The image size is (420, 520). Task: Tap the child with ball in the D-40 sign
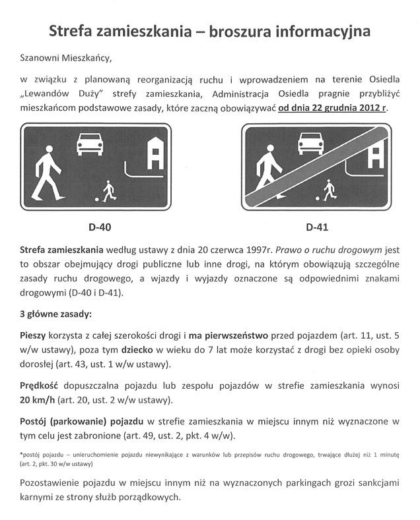click(x=106, y=192)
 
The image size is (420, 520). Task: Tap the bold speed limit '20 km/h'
click(x=38, y=400)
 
